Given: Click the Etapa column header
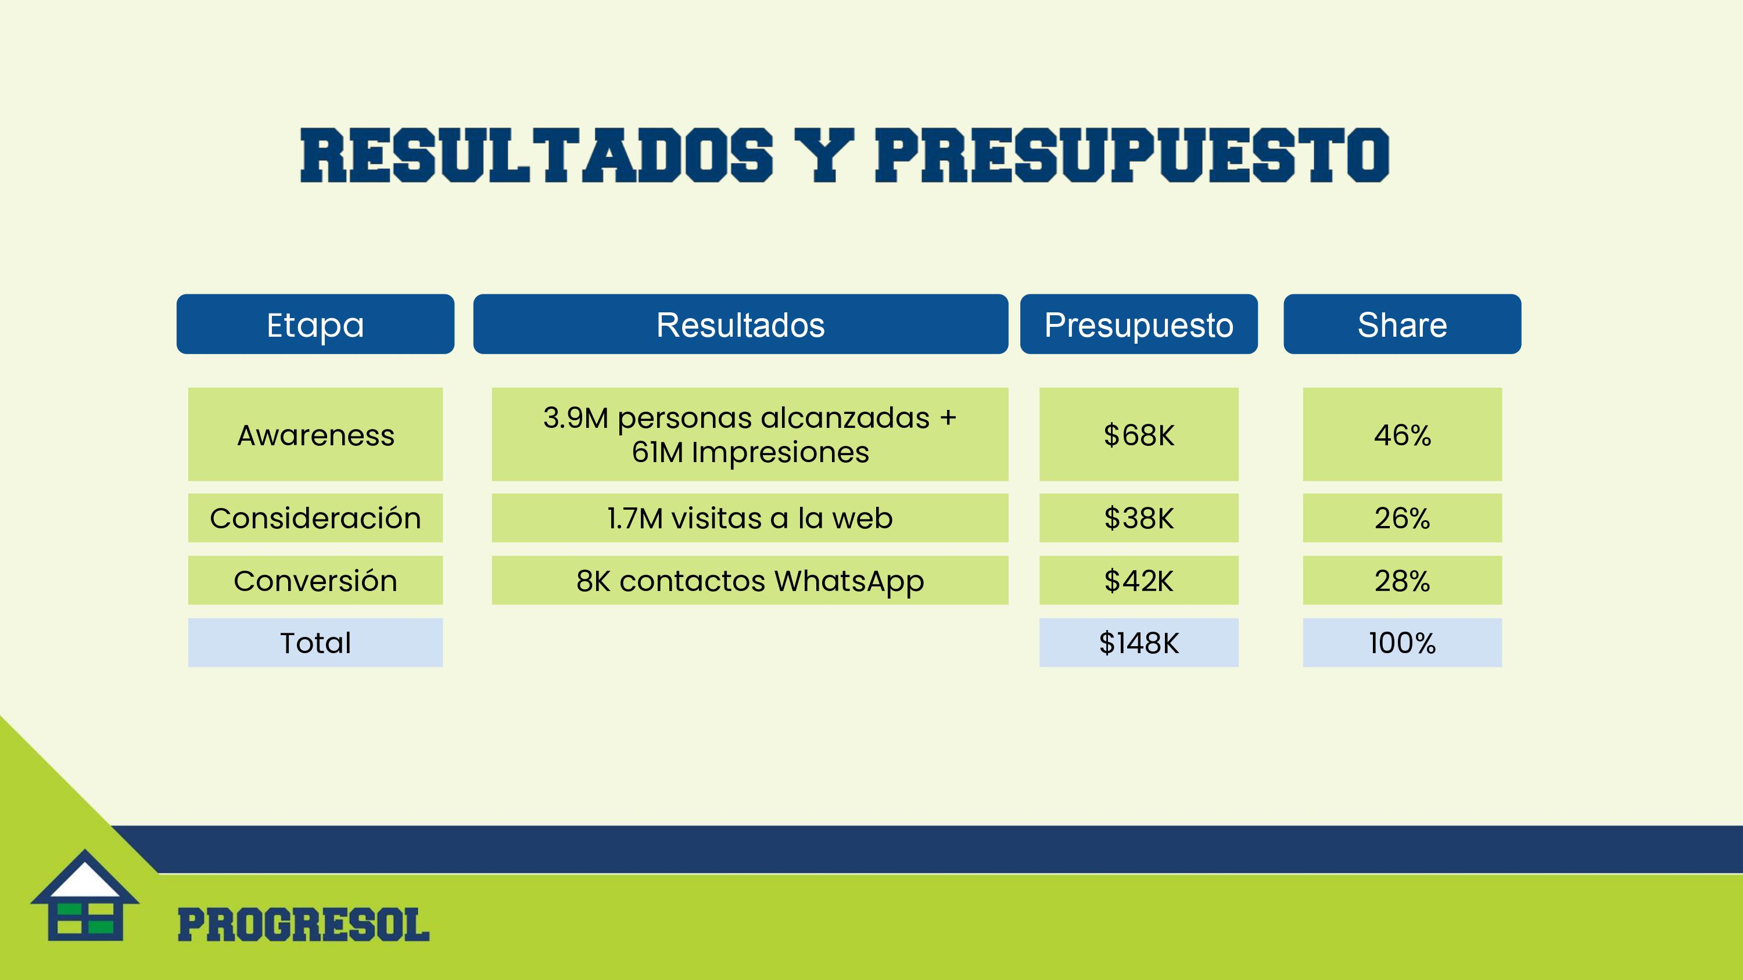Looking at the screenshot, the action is pyautogui.click(x=315, y=324).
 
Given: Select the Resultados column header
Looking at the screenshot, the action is pyautogui.click(x=740, y=324).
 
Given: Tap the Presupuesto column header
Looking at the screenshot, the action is pyautogui.click(x=1139, y=324).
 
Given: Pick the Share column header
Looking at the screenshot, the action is pyautogui.click(x=1402, y=324).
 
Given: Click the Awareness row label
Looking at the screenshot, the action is pyautogui.click(x=315, y=434).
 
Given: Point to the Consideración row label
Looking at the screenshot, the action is pyautogui.click(x=315, y=518).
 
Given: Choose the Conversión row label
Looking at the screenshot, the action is pyautogui.click(x=315, y=581).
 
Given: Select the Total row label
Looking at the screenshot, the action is pyautogui.click(x=315, y=643).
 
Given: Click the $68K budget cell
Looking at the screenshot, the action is pyautogui.click(x=1139, y=434).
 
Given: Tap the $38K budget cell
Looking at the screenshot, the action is pyautogui.click(x=1139, y=518).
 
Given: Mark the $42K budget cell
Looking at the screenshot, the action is pyautogui.click(x=1139, y=581).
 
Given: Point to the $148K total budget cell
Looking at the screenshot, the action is pyautogui.click(x=1139, y=643).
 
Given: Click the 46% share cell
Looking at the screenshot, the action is pyautogui.click(x=1402, y=434).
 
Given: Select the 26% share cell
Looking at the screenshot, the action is pyautogui.click(x=1402, y=518).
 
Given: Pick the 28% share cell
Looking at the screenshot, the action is pyautogui.click(x=1402, y=581).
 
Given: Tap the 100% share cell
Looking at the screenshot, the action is pyautogui.click(x=1402, y=643).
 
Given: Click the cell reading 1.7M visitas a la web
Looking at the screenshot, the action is pyautogui.click(x=749, y=518).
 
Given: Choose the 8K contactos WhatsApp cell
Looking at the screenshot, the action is pyautogui.click(x=749, y=581).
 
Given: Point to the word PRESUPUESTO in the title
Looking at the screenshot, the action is pyautogui.click(x=1132, y=155).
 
